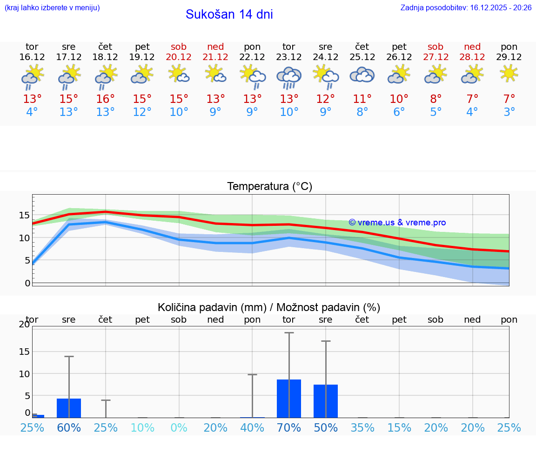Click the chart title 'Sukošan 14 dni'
(x=229, y=14)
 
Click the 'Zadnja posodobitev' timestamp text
(x=466, y=7)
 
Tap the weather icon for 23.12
(x=289, y=77)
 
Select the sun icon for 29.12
(x=509, y=73)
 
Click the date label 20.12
(x=179, y=57)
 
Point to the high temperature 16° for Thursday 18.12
(x=106, y=99)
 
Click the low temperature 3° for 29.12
(x=509, y=112)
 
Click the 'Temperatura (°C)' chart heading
(x=269, y=187)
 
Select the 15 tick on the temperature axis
(x=24, y=215)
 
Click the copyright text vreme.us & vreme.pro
(x=397, y=223)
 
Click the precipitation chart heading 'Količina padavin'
(x=269, y=307)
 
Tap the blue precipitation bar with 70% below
(x=289, y=398)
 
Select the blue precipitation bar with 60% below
(x=69, y=408)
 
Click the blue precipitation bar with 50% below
(x=326, y=401)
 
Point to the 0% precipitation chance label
(x=179, y=427)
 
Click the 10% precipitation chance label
(x=142, y=427)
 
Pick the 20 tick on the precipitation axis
(x=24, y=325)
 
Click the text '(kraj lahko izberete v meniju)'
(x=52, y=7)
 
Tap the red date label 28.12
(x=472, y=57)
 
